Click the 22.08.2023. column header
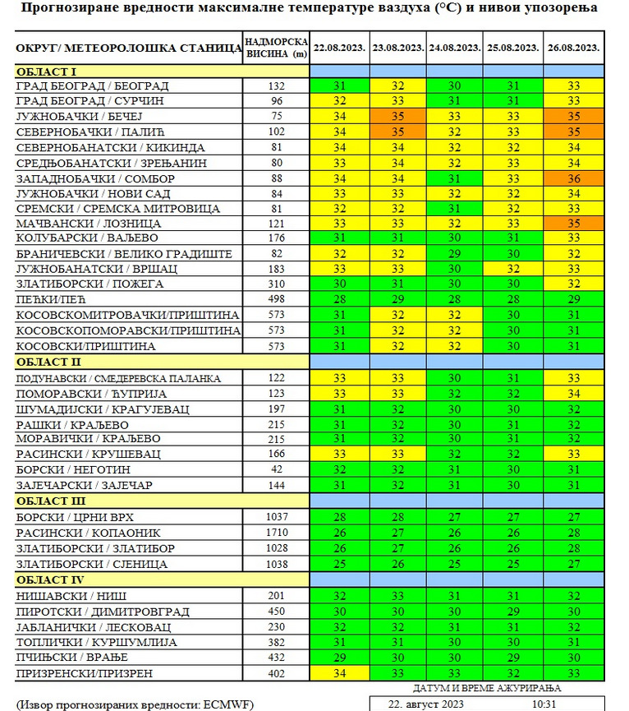(x=339, y=48)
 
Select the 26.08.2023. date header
(x=573, y=48)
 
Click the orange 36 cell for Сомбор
(x=573, y=178)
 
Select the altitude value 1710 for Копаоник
(x=276, y=533)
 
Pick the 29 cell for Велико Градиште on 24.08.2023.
(x=455, y=253)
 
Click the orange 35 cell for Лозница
(x=573, y=222)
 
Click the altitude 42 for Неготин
(x=276, y=469)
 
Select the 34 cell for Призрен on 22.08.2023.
(x=339, y=673)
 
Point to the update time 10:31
(x=544, y=704)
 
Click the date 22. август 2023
(x=426, y=704)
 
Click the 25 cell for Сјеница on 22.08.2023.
(x=339, y=564)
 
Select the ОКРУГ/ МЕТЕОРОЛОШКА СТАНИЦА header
(x=127, y=48)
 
